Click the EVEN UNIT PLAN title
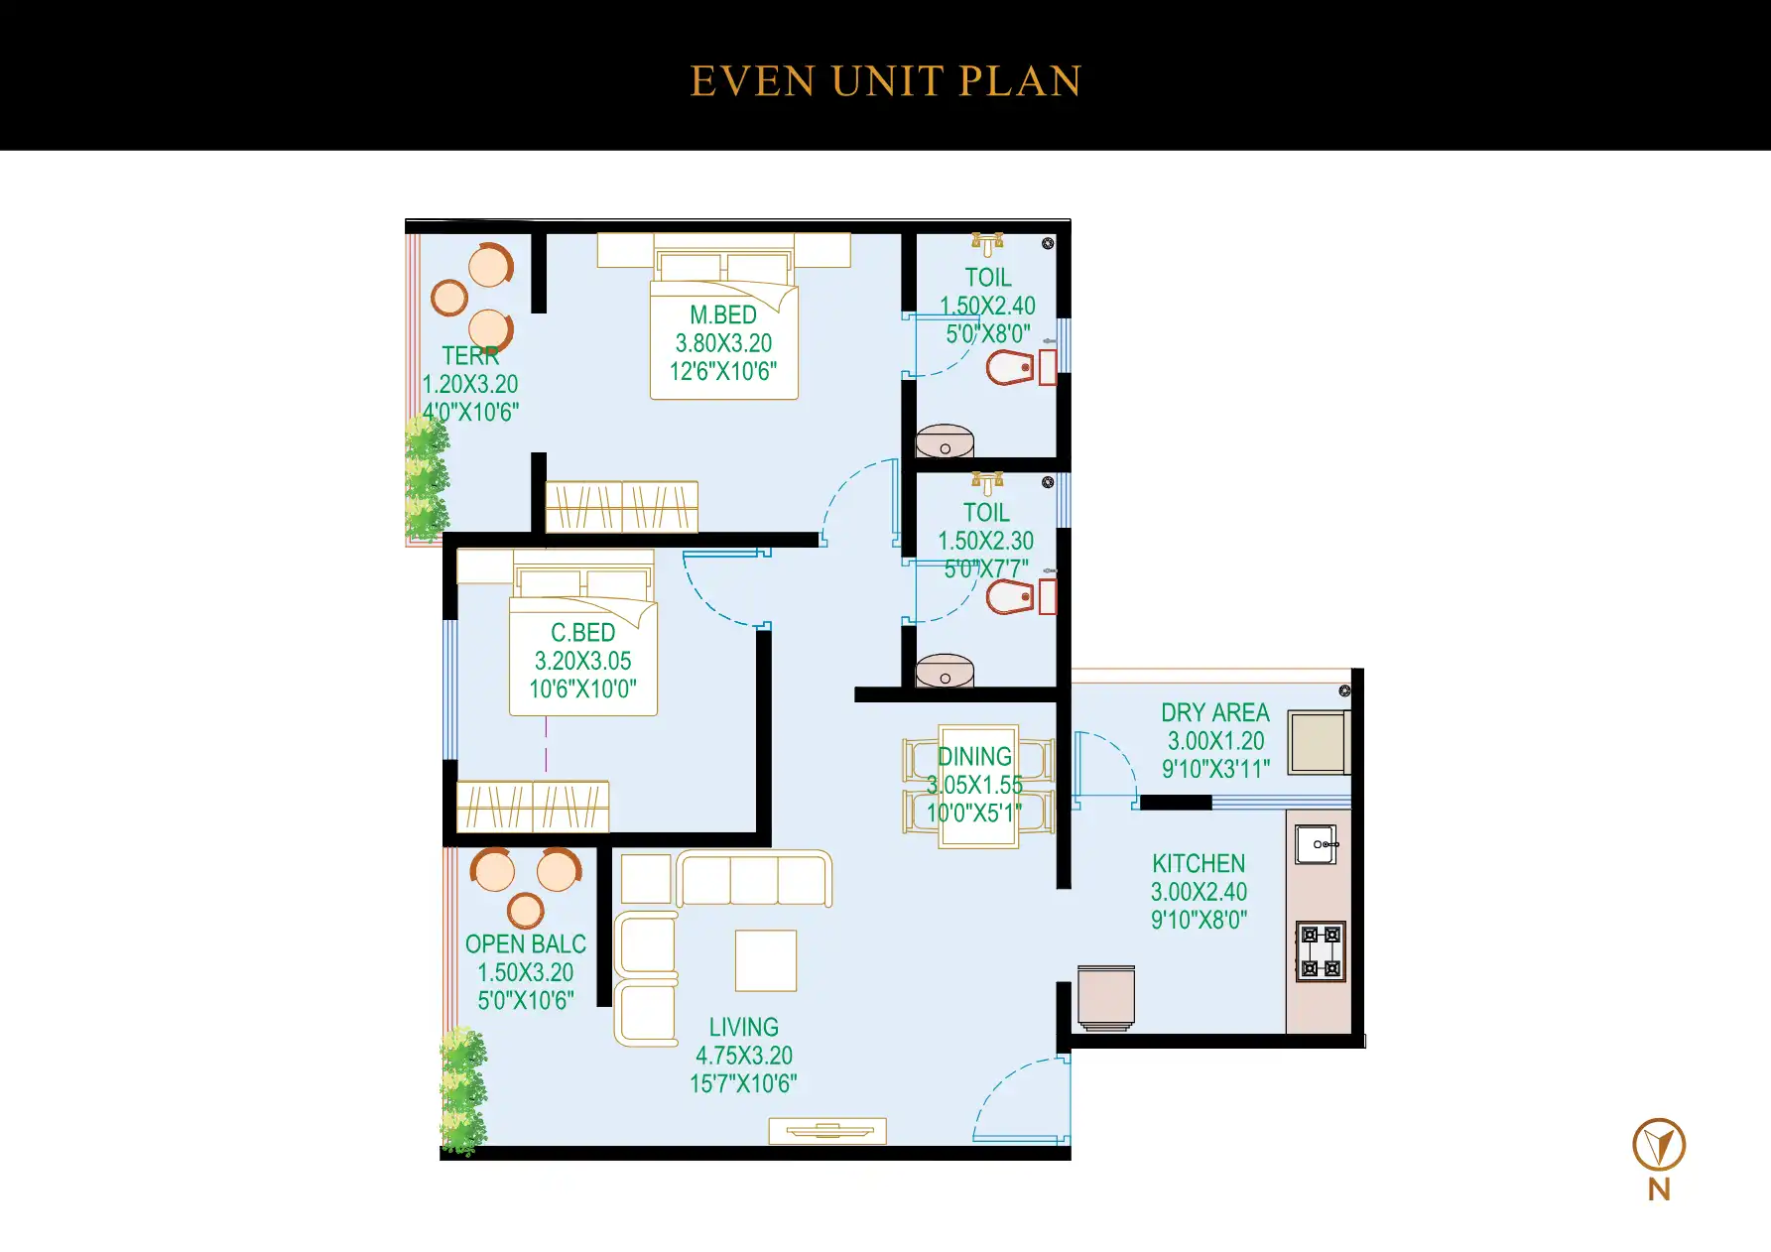click(x=885, y=81)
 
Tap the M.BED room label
click(x=723, y=315)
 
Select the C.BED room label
click(x=582, y=633)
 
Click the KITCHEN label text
click(x=1199, y=864)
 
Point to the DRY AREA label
click(x=1215, y=713)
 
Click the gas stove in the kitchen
click(x=1321, y=951)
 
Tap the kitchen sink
click(x=1317, y=844)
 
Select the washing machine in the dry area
click(x=1318, y=742)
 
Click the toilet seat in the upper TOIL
click(x=1012, y=368)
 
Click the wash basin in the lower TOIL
click(x=945, y=672)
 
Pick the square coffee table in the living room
click(x=766, y=960)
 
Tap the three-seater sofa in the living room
click(x=754, y=879)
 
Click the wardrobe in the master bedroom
click(x=622, y=507)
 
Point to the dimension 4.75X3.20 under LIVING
click(x=744, y=1056)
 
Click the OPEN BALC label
click(x=526, y=944)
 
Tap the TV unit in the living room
click(x=827, y=1131)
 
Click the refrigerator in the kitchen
click(x=1106, y=997)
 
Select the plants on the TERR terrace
click(x=427, y=478)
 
